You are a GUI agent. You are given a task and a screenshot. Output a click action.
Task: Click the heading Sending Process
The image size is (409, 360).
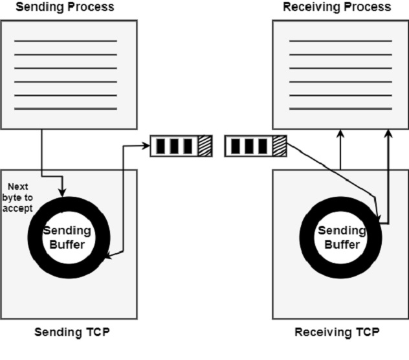point(64,7)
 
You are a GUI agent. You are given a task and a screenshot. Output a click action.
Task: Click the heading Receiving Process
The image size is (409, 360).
point(337,7)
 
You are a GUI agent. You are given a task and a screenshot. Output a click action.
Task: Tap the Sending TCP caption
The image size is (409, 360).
point(71,333)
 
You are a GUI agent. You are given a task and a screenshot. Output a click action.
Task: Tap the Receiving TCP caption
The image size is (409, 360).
point(337,333)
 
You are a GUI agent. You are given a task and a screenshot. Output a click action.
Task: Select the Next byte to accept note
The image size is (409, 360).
point(20,199)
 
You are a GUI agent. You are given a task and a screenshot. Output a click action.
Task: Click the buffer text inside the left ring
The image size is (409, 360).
point(67,238)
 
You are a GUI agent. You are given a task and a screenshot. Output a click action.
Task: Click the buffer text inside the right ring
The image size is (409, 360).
point(341,238)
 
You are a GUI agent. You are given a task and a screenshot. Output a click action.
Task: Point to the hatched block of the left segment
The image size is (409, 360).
point(204,146)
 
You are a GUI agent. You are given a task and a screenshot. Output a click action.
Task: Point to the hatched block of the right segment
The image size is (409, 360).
point(280,146)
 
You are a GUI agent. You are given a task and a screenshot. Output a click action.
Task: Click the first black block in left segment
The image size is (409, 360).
point(160,146)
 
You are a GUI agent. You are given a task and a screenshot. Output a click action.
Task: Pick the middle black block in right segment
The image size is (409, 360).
point(249,146)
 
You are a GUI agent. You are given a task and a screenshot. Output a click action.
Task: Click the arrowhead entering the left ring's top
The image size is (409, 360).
point(63,192)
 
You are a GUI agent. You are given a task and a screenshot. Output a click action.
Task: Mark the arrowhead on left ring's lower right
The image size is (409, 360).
point(108,257)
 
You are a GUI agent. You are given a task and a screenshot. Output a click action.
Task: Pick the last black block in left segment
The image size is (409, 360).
point(188,146)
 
